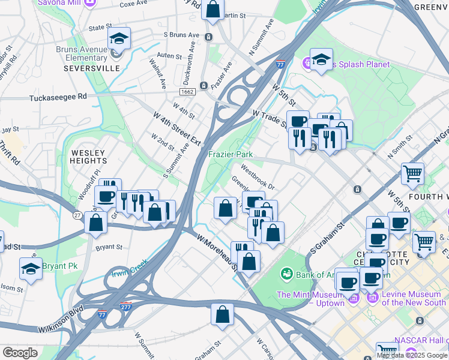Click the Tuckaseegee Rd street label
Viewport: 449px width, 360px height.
[58, 96]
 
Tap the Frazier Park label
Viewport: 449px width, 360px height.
[230, 154]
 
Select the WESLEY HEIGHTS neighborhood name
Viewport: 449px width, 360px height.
[89, 157]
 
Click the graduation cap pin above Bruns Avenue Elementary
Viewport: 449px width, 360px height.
[119, 40]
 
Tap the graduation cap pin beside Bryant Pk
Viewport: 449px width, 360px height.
[31, 270]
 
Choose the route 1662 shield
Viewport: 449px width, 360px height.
[186, 91]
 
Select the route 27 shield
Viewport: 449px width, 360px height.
[77, 215]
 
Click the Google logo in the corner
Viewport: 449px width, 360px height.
[20, 352]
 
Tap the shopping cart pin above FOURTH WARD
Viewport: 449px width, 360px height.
[412, 174]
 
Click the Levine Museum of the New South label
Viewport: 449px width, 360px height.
[414, 298]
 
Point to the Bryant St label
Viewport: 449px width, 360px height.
[109, 247]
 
